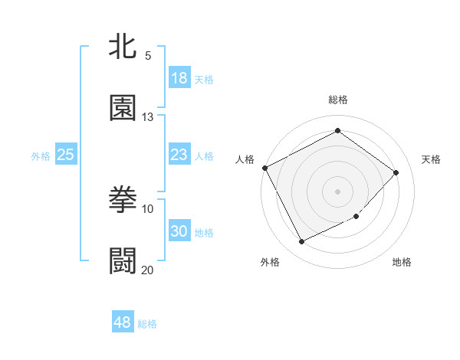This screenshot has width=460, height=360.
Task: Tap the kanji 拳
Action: (x=123, y=201)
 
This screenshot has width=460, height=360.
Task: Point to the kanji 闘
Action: (x=123, y=261)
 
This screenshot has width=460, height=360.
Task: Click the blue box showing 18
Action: (x=179, y=78)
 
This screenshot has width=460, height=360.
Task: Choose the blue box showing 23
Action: (x=179, y=155)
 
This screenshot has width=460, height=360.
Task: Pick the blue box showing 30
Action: (x=179, y=232)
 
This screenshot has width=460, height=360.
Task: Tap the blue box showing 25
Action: (x=66, y=155)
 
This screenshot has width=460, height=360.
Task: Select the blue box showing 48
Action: (x=122, y=323)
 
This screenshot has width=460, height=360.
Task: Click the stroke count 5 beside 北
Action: (x=148, y=56)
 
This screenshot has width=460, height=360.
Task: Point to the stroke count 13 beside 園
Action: (x=148, y=117)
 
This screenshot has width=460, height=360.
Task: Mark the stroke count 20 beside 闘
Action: (x=148, y=270)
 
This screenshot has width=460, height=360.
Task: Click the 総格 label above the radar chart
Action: (x=338, y=100)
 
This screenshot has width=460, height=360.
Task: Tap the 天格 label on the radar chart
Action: (x=432, y=159)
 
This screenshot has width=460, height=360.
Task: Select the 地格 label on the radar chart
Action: (x=402, y=263)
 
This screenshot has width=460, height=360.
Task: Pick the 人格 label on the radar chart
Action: (x=245, y=159)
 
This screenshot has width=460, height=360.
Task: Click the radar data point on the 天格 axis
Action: (x=396, y=172)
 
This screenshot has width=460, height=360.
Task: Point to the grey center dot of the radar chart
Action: (x=338, y=191)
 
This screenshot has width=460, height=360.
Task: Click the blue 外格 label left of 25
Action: (x=41, y=156)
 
